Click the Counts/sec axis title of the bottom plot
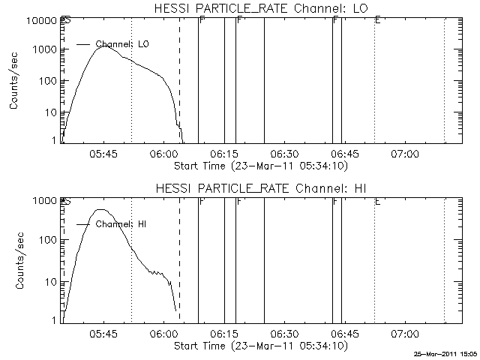14,262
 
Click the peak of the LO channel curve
106,46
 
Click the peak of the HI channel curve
101,210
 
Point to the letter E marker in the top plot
377,20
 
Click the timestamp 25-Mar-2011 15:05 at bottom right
445,353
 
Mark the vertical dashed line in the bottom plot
180,262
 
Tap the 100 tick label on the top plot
44,80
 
